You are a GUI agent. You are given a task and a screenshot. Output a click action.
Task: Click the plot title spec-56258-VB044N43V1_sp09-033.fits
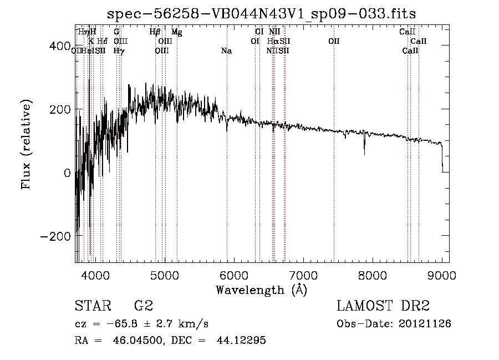pos(262,13)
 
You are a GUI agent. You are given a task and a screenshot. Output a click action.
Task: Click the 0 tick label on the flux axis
pos(66,173)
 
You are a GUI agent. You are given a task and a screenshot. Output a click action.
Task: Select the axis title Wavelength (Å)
pos(261,289)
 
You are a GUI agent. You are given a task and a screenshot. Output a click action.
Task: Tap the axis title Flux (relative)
pos(26,144)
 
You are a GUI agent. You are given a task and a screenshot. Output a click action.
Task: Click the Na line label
pos(226,51)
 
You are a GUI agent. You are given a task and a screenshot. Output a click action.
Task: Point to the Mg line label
pos(176,32)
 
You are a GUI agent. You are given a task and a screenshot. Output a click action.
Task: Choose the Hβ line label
pos(155,32)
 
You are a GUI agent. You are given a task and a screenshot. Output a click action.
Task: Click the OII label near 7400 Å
pos(334,42)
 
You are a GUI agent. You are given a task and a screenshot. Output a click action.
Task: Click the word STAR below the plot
pos(93,306)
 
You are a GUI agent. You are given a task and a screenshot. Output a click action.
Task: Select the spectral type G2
pos(143,306)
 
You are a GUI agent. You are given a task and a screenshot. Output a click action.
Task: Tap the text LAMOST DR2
pos(383,306)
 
